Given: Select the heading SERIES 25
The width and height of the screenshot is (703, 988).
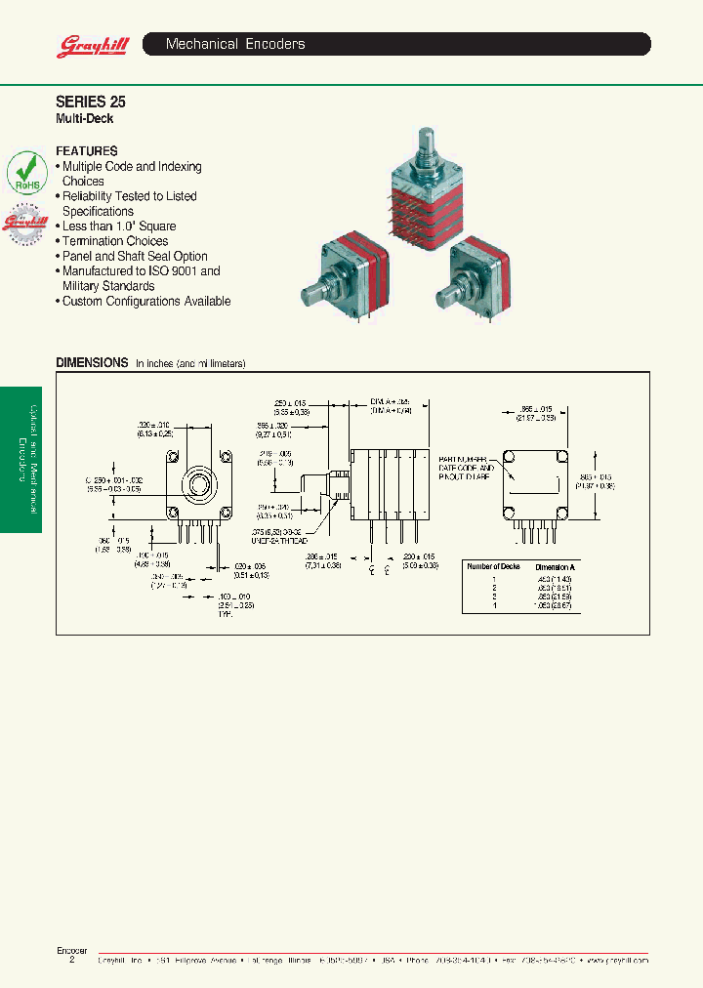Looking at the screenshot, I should (x=91, y=102).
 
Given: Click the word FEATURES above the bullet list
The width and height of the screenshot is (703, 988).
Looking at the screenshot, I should (x=87, y=151).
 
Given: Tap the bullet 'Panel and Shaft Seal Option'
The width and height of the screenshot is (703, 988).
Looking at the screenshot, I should (x=135, y=256).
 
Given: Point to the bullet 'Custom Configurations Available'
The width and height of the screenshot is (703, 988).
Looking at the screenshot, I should (x=145, y=302).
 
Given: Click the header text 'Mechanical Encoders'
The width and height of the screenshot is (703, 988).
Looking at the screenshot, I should (x=235, y=44).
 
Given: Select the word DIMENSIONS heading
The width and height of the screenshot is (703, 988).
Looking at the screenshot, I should (x=92, y=362).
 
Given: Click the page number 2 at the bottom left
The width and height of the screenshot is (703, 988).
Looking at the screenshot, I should (x=71, y=961).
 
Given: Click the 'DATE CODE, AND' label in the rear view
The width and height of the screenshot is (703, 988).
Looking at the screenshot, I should (x=468, y=468).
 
